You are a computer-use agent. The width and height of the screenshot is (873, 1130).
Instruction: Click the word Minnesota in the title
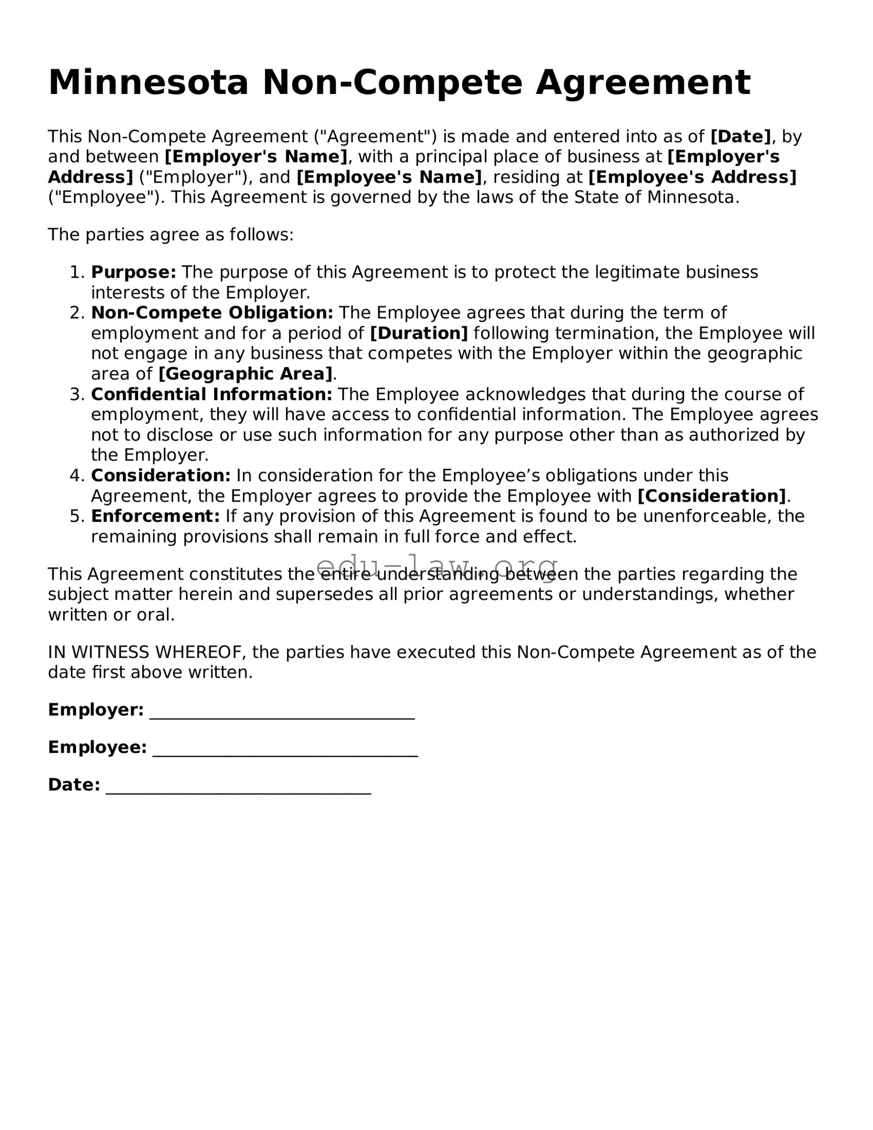[x=148, y=83]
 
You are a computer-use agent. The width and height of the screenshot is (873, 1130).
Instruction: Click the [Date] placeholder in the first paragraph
[x=740, y=136]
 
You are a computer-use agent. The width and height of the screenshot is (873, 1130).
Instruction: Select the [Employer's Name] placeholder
[x=256, y=157]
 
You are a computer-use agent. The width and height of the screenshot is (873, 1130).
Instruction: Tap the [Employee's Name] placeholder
[x=389, y=177]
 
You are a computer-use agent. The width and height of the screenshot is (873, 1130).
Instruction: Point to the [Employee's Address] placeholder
[x=692, y=177]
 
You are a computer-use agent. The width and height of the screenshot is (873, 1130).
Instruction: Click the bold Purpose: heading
[x=133, y=272]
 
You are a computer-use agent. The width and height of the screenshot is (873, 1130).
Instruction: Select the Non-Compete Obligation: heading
[x=212, y=313]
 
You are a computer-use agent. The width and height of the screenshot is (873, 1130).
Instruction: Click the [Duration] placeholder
[x=419, y=333]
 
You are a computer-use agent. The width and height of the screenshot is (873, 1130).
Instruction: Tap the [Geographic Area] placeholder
[x=246, y=374]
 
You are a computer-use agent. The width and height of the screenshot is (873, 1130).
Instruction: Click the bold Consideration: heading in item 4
[x=161, y=476]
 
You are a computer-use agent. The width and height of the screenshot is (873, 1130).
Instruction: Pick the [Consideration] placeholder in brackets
[x=711, y=496]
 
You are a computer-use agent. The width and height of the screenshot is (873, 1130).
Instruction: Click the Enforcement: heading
[x=155, y=516]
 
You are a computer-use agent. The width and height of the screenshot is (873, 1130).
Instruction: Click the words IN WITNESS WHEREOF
[x=146, y=652]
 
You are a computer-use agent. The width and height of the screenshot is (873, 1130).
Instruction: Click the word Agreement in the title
[x=643, y=83]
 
